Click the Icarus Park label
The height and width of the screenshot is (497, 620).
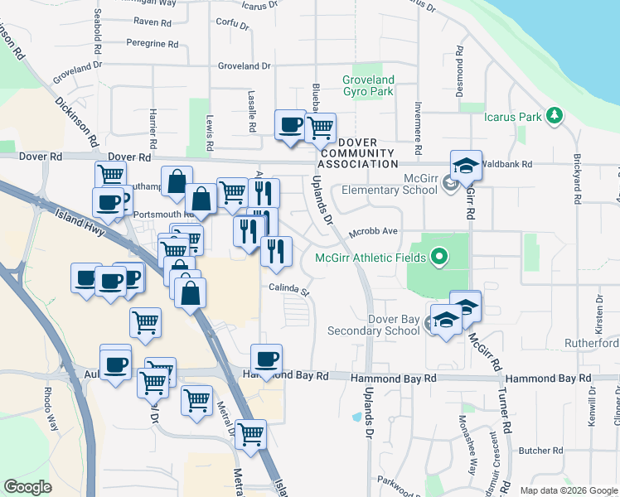(x=512, y=117)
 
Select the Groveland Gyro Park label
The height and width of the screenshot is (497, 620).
(x=368, y=85)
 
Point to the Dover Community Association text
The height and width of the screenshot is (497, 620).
(x=356, y=152)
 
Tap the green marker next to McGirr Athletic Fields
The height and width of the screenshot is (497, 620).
(x=440, y=257)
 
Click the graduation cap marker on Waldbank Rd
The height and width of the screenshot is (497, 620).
(x=466, y=165)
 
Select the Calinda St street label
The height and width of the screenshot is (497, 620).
(x=288, y=290)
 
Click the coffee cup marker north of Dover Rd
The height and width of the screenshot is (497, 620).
(x=290, y=125)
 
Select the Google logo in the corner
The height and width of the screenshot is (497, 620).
(x=28, y=487)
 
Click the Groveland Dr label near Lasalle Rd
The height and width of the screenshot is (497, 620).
(x=245, y=65)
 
